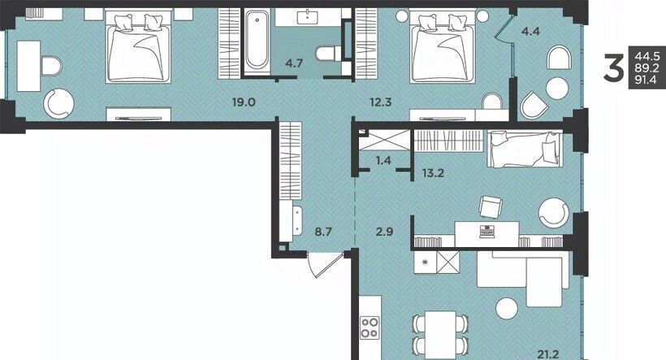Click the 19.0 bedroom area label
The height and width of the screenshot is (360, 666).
pyautogui.click(x=244, y=102)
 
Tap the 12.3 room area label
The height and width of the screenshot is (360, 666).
pyautogui.click(x=380, y=102)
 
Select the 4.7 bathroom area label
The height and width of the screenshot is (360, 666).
pyautogui.click(x=294, y=63)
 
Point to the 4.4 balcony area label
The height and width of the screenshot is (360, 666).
pyautogui.click(x=530, y=31)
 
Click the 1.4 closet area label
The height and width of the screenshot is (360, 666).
pyautogui.click(x=383, y=160)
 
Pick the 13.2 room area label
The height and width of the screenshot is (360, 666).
pyautogui.click(x=433, y=173)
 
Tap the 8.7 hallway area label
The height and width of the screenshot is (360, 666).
pyautogui.click(x=322, y=232)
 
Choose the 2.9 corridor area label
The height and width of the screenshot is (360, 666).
pyautogui.click(x=384, y=232)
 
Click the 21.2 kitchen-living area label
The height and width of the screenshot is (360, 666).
pyautogui.click(x=548, y=353)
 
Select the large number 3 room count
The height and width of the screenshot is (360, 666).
pyautogui.click(x=614, y=68)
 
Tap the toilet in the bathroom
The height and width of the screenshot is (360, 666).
pyautogui.click(x=328, y=54)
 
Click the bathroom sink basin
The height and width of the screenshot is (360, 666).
pyautogui.click(x=308, y=17)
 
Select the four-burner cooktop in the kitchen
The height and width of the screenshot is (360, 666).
pyautogui.click(x=370, y=327)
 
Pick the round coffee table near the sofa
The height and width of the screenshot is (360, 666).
pyautogui.click(x=507, y=308)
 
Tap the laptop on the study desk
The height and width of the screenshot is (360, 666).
pyautogui.click(x=487, y=232)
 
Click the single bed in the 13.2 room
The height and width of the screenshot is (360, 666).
pyautogui.click(x=525, y=150)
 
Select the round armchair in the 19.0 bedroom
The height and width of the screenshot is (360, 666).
pyautogui.click(x=58, y=103)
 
